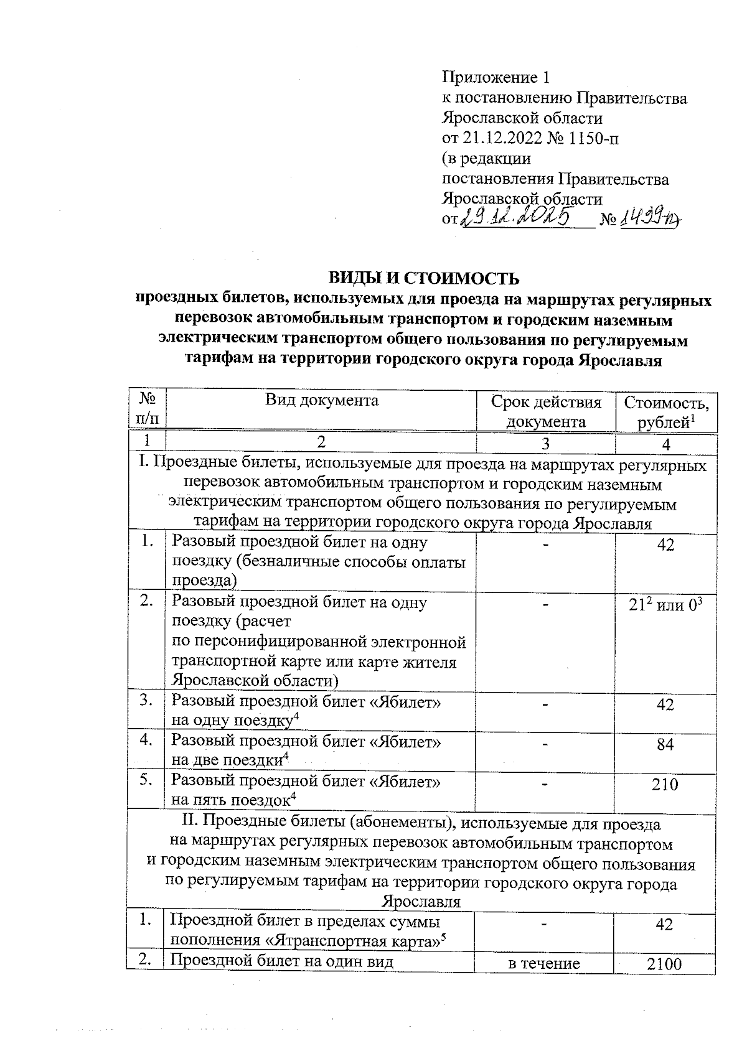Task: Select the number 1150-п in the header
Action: point(591,138)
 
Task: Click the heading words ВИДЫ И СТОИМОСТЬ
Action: point(423,278)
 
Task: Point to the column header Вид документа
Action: point(321,400)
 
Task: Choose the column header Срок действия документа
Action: point(546,411)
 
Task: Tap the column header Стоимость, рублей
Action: point(666,411)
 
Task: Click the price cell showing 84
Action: point(665,744)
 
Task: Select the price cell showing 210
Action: point(665,784)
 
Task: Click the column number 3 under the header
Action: point(546,444)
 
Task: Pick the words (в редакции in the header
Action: point(486,158)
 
